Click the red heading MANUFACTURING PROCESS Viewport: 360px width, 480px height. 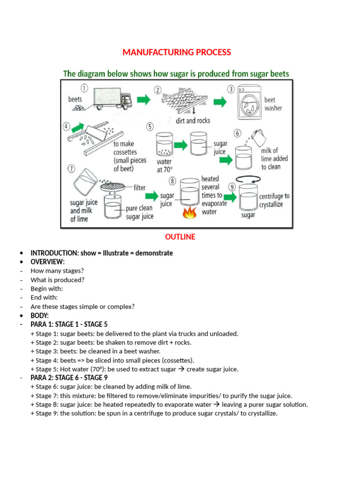[x=177, y=52]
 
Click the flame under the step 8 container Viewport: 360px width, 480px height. [x=190, y=214]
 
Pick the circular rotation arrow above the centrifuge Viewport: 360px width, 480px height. [x=248, y=178]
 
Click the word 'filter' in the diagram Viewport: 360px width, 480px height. [x=140, y=187]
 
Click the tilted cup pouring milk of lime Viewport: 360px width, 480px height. [x=257, y=137]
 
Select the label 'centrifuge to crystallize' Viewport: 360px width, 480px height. [x=274, y=201]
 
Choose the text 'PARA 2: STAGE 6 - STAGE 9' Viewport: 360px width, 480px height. [x=69, y=378]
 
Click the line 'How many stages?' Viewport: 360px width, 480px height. [x=51, y=270]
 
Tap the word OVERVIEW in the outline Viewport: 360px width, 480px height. [x=47, y=262]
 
